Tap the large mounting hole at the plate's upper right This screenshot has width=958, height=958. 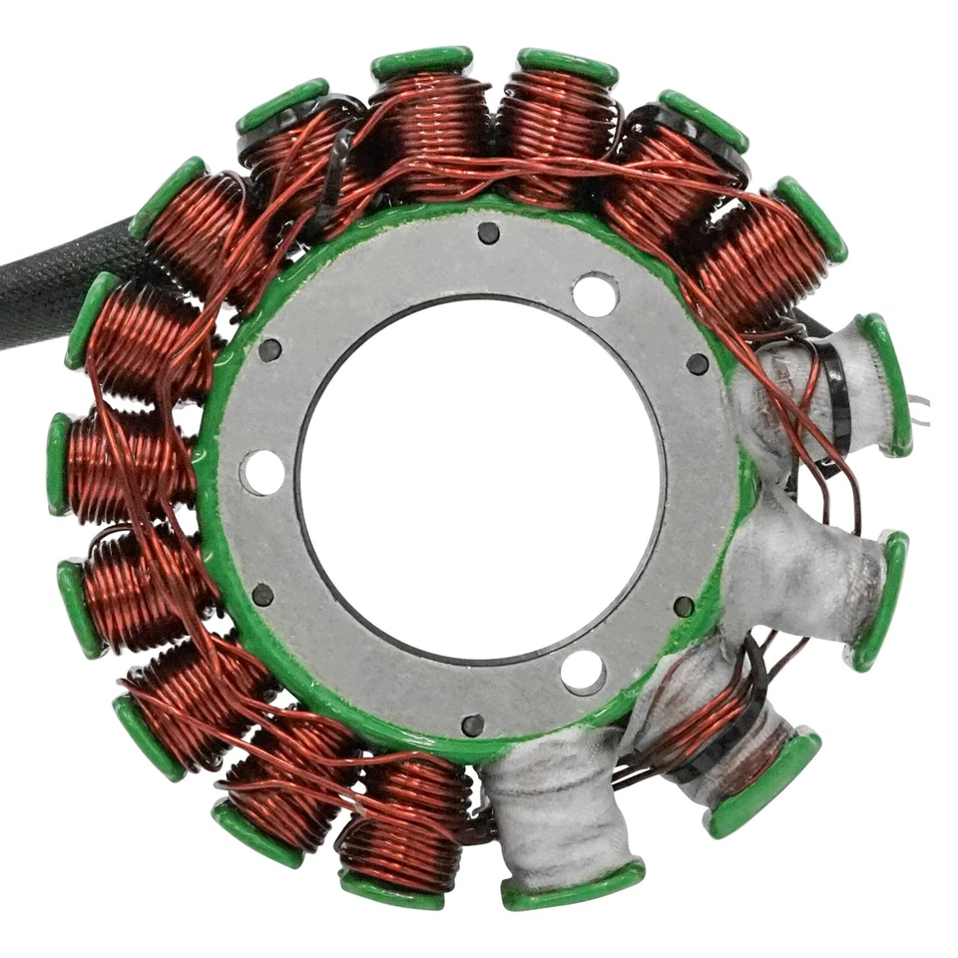pos(595,294)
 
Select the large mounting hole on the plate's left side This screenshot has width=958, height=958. pos(262,471)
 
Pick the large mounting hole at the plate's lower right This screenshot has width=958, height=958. pos(583,671)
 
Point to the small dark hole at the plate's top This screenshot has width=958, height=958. pos(488,233)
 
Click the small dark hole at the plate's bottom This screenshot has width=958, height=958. pos(473,724)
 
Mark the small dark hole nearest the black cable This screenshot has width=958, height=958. pos(269,349)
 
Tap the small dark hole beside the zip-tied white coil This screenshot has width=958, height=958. pos(698,364)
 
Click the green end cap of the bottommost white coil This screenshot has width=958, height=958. pos(573,885)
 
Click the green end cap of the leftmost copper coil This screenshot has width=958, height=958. pos(58,463)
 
